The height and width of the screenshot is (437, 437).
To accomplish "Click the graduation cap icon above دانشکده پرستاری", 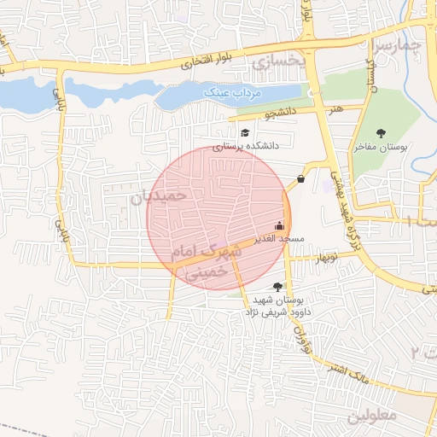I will (246, 133).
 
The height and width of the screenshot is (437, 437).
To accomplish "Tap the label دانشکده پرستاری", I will (246, 147).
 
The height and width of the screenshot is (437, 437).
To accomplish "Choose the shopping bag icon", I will (301, 179).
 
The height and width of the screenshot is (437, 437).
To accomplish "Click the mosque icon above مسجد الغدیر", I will (279, 226).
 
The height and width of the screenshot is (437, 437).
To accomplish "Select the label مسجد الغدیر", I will (279, 239).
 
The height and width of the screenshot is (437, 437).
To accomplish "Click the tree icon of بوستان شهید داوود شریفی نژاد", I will (276, 288).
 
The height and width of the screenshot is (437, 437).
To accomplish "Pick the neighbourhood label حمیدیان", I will (158, 198).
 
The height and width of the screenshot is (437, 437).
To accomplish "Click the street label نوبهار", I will (325, 257).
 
